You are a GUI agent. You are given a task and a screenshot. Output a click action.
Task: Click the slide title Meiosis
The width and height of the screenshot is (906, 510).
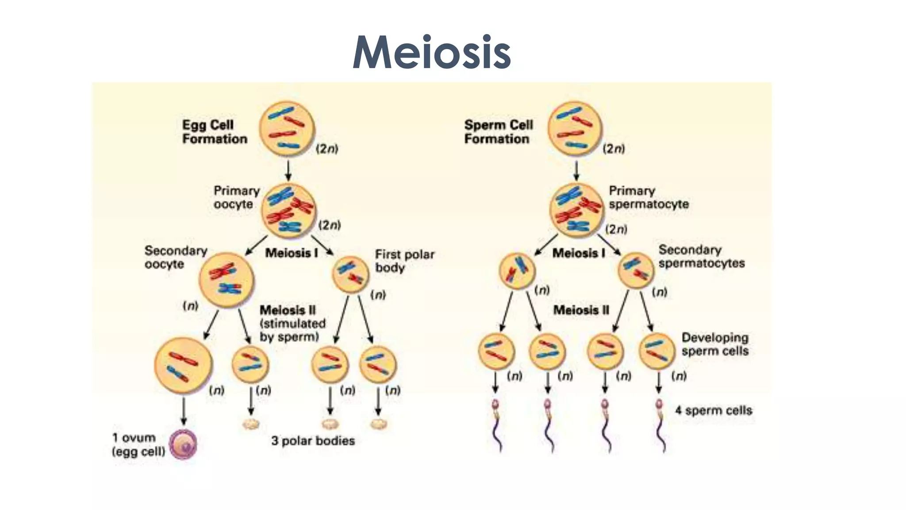(x=431, y=52)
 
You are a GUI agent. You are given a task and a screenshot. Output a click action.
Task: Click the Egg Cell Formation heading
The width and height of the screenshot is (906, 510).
(x=215, y=132)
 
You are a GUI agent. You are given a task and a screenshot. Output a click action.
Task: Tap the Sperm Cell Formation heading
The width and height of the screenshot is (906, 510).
(x=498, y=132)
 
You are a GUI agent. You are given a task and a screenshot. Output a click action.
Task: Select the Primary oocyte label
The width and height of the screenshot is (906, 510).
(x=236, y=197)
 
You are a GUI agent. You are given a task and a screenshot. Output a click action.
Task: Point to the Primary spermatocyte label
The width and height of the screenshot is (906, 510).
(x=649, y=197)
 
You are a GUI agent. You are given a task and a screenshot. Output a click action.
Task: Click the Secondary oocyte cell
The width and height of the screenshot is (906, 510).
(x=226, y=280)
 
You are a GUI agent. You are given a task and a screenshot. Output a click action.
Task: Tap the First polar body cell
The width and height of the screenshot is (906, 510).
(x=350, y=274)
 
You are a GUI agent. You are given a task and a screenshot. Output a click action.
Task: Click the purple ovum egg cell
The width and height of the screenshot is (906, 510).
(x=184, y=444)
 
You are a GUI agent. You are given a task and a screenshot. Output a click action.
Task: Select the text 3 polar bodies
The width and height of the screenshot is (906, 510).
(x=313, y=441)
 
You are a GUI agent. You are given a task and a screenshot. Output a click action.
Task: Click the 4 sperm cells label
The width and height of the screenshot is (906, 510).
(x=713, y=410)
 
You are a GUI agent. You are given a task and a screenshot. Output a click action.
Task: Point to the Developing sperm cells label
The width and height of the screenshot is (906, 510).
(x=714, y=344)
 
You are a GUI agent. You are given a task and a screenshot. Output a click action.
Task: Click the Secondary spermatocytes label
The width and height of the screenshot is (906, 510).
(x=701, y=256)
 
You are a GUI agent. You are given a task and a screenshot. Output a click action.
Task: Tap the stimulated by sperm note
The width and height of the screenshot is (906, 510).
(x=292, y=330)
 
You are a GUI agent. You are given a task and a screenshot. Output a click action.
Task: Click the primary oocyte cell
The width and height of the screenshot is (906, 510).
(x=288, y=211)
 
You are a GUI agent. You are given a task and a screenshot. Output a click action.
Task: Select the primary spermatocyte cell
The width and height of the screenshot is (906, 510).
(x=576, y=210)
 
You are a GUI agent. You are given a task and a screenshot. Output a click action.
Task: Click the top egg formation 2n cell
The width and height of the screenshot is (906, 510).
(x=287, y=128)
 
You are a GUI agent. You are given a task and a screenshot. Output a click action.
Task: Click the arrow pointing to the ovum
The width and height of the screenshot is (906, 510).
(x=184, y=412)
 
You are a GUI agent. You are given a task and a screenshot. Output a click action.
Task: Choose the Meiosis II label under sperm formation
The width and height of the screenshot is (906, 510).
(x=581, y=310)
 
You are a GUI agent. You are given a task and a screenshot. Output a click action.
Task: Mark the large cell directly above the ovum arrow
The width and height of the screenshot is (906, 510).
(x=183, y=365)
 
